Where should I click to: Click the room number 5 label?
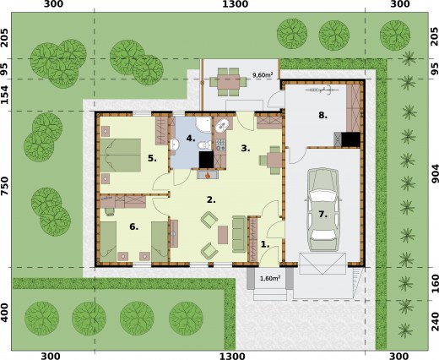click(152, 158)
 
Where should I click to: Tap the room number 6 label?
click(133, 226)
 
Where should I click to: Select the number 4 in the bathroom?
click(191, 137)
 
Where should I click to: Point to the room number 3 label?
click(246, 149)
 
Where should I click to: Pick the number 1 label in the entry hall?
click(264, 244)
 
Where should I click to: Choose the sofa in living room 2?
click(239, 232)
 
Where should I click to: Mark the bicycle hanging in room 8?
click(320, 89)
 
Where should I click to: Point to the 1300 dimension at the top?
click(233, 5)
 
